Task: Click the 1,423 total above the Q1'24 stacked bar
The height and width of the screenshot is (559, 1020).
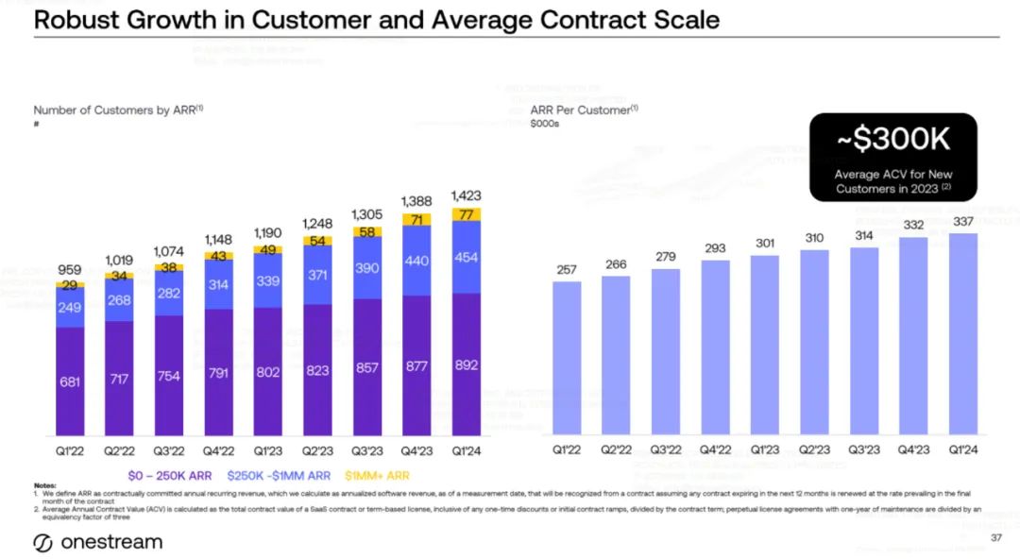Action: (467, 196)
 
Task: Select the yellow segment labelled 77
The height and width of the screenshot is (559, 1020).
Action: (467, 214)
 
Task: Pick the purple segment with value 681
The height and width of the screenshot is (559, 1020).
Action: (71, 381)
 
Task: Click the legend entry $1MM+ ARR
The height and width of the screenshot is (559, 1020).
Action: (377, 476)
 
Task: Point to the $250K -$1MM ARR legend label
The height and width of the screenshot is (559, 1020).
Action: (279, 476)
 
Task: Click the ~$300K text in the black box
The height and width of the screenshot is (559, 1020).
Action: (893, 141)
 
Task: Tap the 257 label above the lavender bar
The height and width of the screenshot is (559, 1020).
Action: (567, 270)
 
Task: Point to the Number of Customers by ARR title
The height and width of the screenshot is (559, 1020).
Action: (118, 110)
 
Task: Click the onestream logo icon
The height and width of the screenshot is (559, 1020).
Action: (43, 543)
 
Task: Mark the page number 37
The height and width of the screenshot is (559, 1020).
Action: (995, 538)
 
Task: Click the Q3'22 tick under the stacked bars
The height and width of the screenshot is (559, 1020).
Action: (169, 451)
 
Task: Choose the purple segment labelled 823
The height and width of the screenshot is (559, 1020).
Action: (318, 370)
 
